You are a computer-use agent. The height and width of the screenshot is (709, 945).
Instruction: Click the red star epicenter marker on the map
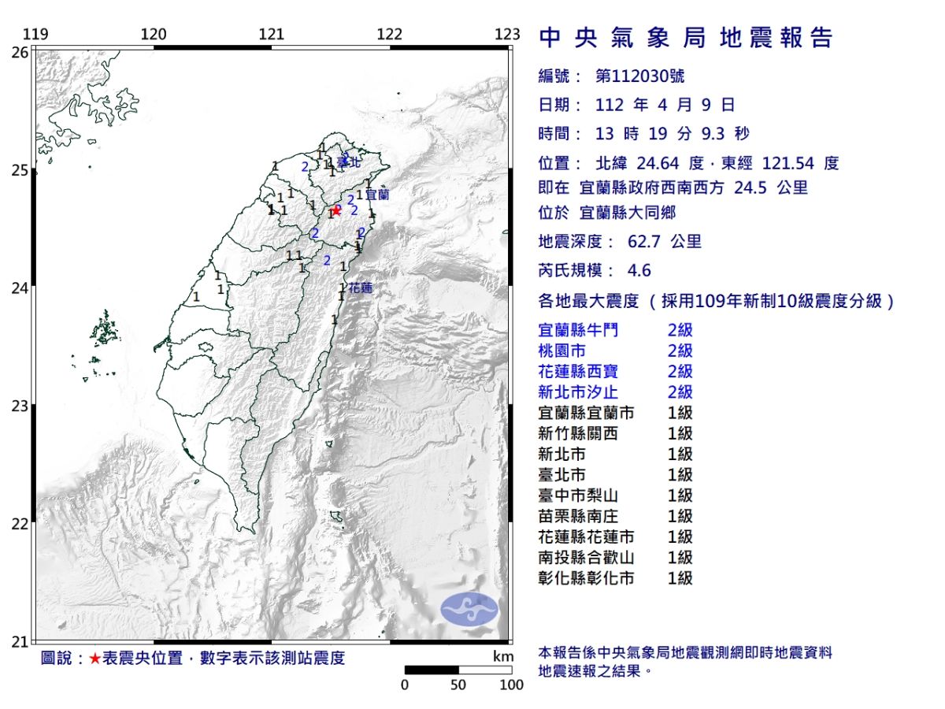pyautogui.click(x=337, y=210)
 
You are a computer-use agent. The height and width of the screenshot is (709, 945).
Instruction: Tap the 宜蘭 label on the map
pyautogui.click(x=378, y=193)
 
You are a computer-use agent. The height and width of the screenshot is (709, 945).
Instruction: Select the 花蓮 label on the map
pyautogui.click(x=360, y=288)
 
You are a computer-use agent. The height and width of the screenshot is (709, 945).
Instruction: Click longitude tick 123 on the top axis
pyautogui.click(x=508, y=35)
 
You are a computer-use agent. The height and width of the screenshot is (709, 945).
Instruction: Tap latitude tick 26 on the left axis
pyautogui.click(x=20, y=52)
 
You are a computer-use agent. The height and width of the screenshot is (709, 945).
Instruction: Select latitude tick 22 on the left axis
pyautogui.click(x=20, y=524)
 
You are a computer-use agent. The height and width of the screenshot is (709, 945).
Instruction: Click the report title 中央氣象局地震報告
pyautogui.click(x=685, y=38)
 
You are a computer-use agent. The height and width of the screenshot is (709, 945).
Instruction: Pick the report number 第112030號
pyautogui.click(x=639, y=76)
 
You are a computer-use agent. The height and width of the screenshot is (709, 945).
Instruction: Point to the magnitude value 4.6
pyautogui.click(x=639, y=270)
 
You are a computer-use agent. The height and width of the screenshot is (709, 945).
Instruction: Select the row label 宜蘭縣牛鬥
pyautogui.click(x=577, y=330)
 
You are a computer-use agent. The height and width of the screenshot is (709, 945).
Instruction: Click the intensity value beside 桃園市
pyautogui.click(x=680, y=351)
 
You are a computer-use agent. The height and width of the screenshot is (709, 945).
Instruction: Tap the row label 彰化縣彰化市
pyautogui.click(x=586, y=577)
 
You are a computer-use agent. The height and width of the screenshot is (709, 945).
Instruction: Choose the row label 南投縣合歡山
pyautogui.click(x=586, y=557)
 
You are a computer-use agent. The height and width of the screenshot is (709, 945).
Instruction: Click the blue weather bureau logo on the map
pyautogui.click(x=469, y=610)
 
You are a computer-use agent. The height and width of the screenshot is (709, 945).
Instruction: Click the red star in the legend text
pyautogui.click(x=94, y=659)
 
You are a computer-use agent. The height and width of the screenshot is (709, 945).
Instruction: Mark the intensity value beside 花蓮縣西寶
pyautogui.click(x=680, y=371)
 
